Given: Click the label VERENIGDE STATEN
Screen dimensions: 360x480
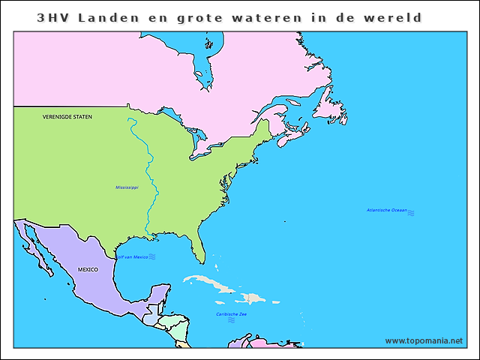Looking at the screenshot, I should (x=67, y=116).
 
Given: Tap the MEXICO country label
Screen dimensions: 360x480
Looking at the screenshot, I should (x=88, y=268).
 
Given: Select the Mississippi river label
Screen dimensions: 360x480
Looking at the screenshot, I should (x=127, y=187).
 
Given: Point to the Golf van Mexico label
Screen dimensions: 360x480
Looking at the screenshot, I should (x=130, y=257).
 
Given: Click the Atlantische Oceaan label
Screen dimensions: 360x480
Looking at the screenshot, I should (x=386, y=210).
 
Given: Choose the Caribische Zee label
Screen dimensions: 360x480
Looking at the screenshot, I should (x=231, y=313).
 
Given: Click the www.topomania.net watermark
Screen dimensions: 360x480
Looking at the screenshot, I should (x=424, y=340).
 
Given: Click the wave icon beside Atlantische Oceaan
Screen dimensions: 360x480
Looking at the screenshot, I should (x=411, y=213).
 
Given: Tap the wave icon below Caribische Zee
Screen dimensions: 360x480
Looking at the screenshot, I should (x=231, y=320).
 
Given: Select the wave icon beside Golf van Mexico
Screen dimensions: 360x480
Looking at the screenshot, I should (x=151, y=256).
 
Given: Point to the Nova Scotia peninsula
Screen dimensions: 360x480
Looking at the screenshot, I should (x=292, y=137).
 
